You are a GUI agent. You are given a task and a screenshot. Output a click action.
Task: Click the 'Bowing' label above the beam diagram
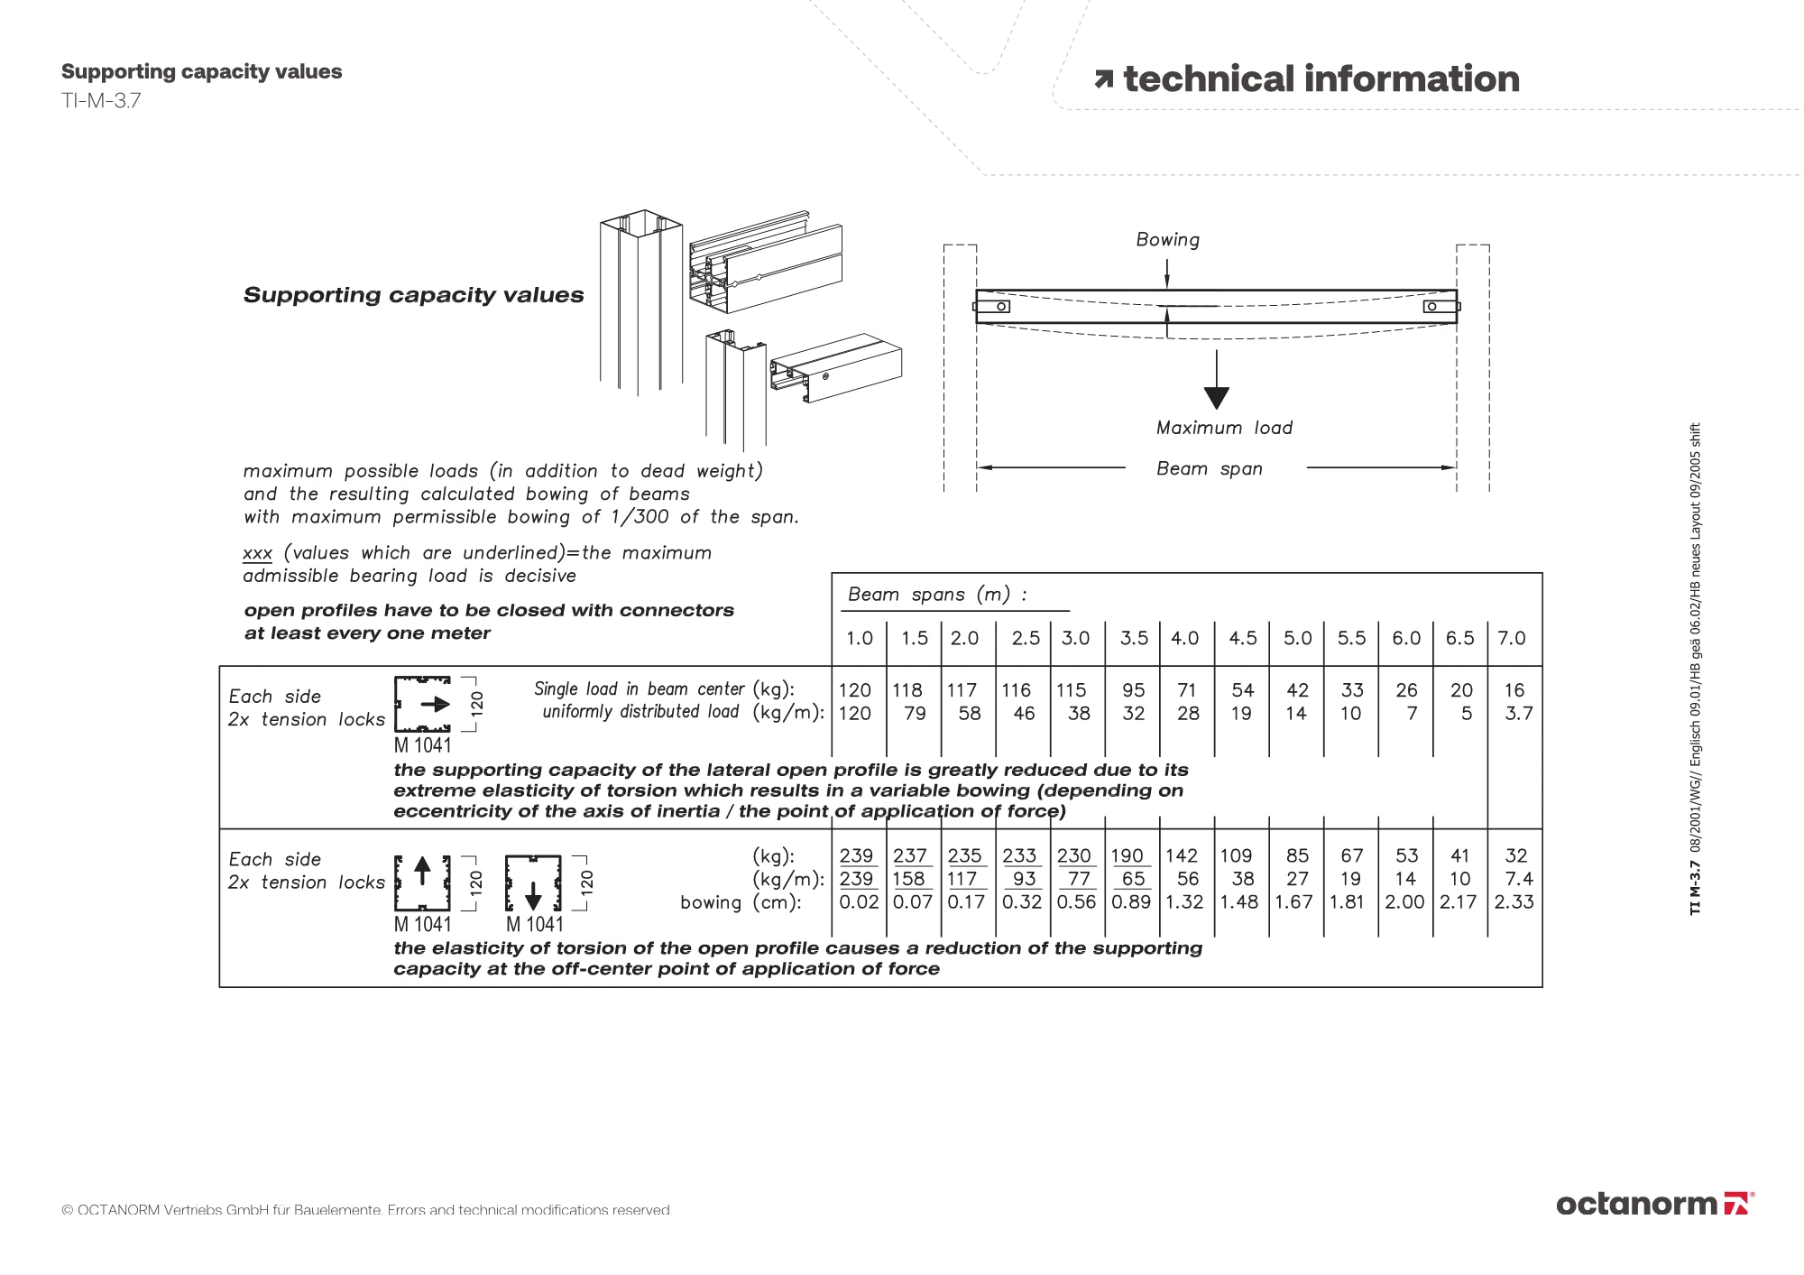(x=1167, y=240)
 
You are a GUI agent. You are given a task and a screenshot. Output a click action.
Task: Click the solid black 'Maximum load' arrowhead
(x=1216, y=397)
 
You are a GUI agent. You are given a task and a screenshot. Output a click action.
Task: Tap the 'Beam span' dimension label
(x=1210, y=469)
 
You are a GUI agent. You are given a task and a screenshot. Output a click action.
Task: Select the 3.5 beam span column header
(x=1134, y=638)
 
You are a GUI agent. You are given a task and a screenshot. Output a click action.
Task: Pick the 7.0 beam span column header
(x=1512, y=638)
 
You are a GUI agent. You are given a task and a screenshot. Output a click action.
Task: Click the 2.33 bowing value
(x=1514, y=901)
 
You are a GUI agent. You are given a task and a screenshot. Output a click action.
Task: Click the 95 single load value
(x=1133, y=690)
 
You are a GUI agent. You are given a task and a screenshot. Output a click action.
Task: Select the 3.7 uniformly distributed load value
(x=1519, y=714)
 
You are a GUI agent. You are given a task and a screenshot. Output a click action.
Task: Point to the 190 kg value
(x=1127, y=855)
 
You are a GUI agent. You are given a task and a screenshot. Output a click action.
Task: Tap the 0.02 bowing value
(x=858, y=901)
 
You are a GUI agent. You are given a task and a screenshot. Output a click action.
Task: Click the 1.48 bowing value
(x=1238, y=901)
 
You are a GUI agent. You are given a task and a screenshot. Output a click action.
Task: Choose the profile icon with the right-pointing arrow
(x=423, y=704)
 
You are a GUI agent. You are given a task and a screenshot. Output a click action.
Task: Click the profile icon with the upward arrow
(x=422, y=882)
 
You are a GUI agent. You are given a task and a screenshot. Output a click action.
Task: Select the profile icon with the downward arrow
(x=533, y=882)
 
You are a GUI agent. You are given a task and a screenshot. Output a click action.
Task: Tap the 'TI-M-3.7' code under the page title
(x=101, y=100)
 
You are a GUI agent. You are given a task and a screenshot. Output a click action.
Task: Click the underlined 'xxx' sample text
(x=257, y=553)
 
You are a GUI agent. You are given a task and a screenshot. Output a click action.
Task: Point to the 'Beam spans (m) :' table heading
(x=937, y=595)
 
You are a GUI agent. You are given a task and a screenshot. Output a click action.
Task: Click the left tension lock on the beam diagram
(x=993, y=307)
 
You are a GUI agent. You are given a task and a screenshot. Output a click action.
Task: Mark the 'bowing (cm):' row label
(x=741, y=902)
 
